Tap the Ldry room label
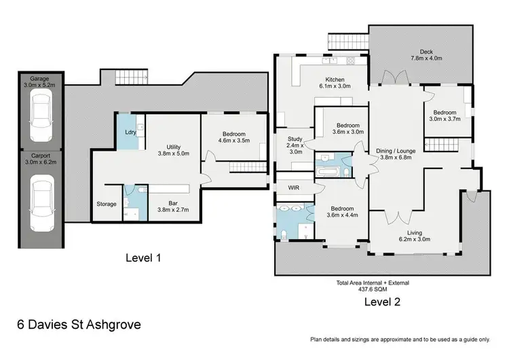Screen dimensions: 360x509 tap(130, 132)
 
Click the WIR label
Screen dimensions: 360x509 tap(294, 186)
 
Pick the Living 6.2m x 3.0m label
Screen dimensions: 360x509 tap(415, 236)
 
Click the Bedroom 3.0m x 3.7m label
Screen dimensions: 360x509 tap(445, 115)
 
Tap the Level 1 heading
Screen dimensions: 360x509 tap(143, 258)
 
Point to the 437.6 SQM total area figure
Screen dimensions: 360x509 tap(373, 288)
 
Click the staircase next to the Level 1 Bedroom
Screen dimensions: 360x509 tap(241, 168)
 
